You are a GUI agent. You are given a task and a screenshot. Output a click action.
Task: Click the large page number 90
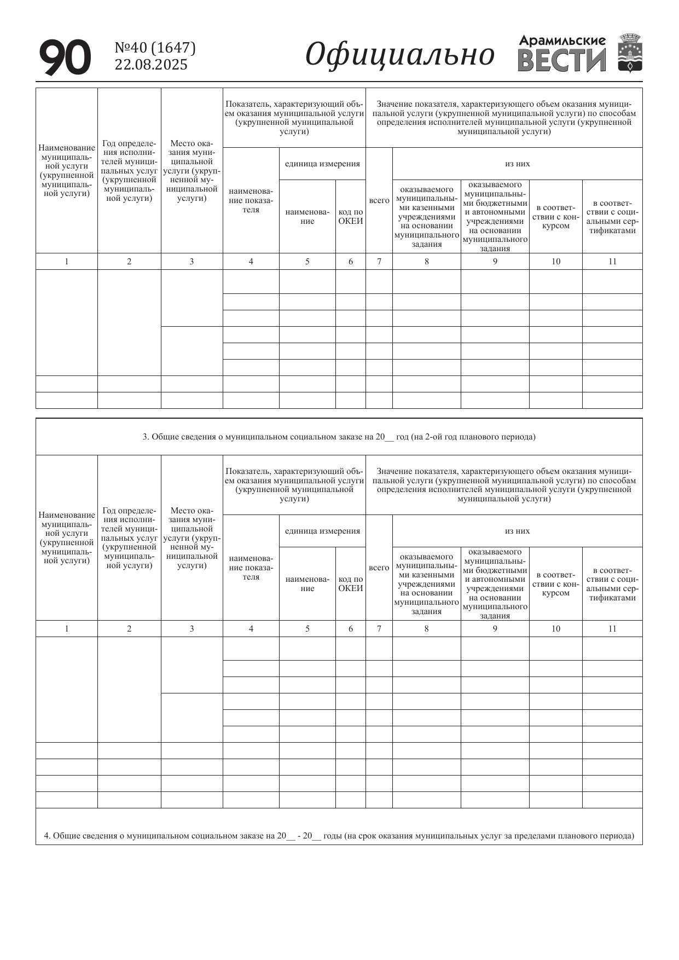pos(65,57)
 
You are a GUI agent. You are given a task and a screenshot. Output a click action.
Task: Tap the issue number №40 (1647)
pos(155,48)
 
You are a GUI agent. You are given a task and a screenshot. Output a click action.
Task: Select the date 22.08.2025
pos(151,65)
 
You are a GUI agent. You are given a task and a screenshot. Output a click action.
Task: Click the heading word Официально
pos(399,55)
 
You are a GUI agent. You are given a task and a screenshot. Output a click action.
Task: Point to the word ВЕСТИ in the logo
pos(561,60)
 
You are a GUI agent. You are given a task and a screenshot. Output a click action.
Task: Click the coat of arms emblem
pos(630,53)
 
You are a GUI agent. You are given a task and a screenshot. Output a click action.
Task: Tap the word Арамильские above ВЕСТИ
pos(562,41)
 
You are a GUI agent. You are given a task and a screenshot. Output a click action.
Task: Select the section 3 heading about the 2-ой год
pos(339,437)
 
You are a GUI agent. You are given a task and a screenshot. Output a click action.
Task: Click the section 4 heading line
pos(339,836)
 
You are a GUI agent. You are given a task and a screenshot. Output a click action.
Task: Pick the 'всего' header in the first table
pos(379,200)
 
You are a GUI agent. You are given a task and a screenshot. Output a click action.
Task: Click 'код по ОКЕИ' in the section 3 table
pos(351,583)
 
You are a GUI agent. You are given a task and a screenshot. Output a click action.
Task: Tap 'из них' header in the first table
pos(517,164)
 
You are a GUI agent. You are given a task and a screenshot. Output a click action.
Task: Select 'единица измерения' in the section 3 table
pos(322,531)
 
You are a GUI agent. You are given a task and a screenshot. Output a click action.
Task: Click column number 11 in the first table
pos(612,261)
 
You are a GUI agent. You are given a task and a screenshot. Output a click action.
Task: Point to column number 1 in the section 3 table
pos(67,628)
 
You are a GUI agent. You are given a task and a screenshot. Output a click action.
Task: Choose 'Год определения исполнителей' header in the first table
pos(129,171)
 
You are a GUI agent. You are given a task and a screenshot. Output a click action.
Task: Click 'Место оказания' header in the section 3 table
pos(191,538)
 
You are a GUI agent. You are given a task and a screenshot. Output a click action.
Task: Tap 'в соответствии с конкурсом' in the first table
pos(555,217)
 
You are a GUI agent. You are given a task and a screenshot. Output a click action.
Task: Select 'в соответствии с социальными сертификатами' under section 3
pos(612,584)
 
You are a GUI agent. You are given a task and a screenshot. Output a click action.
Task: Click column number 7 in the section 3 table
pos(379,628)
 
